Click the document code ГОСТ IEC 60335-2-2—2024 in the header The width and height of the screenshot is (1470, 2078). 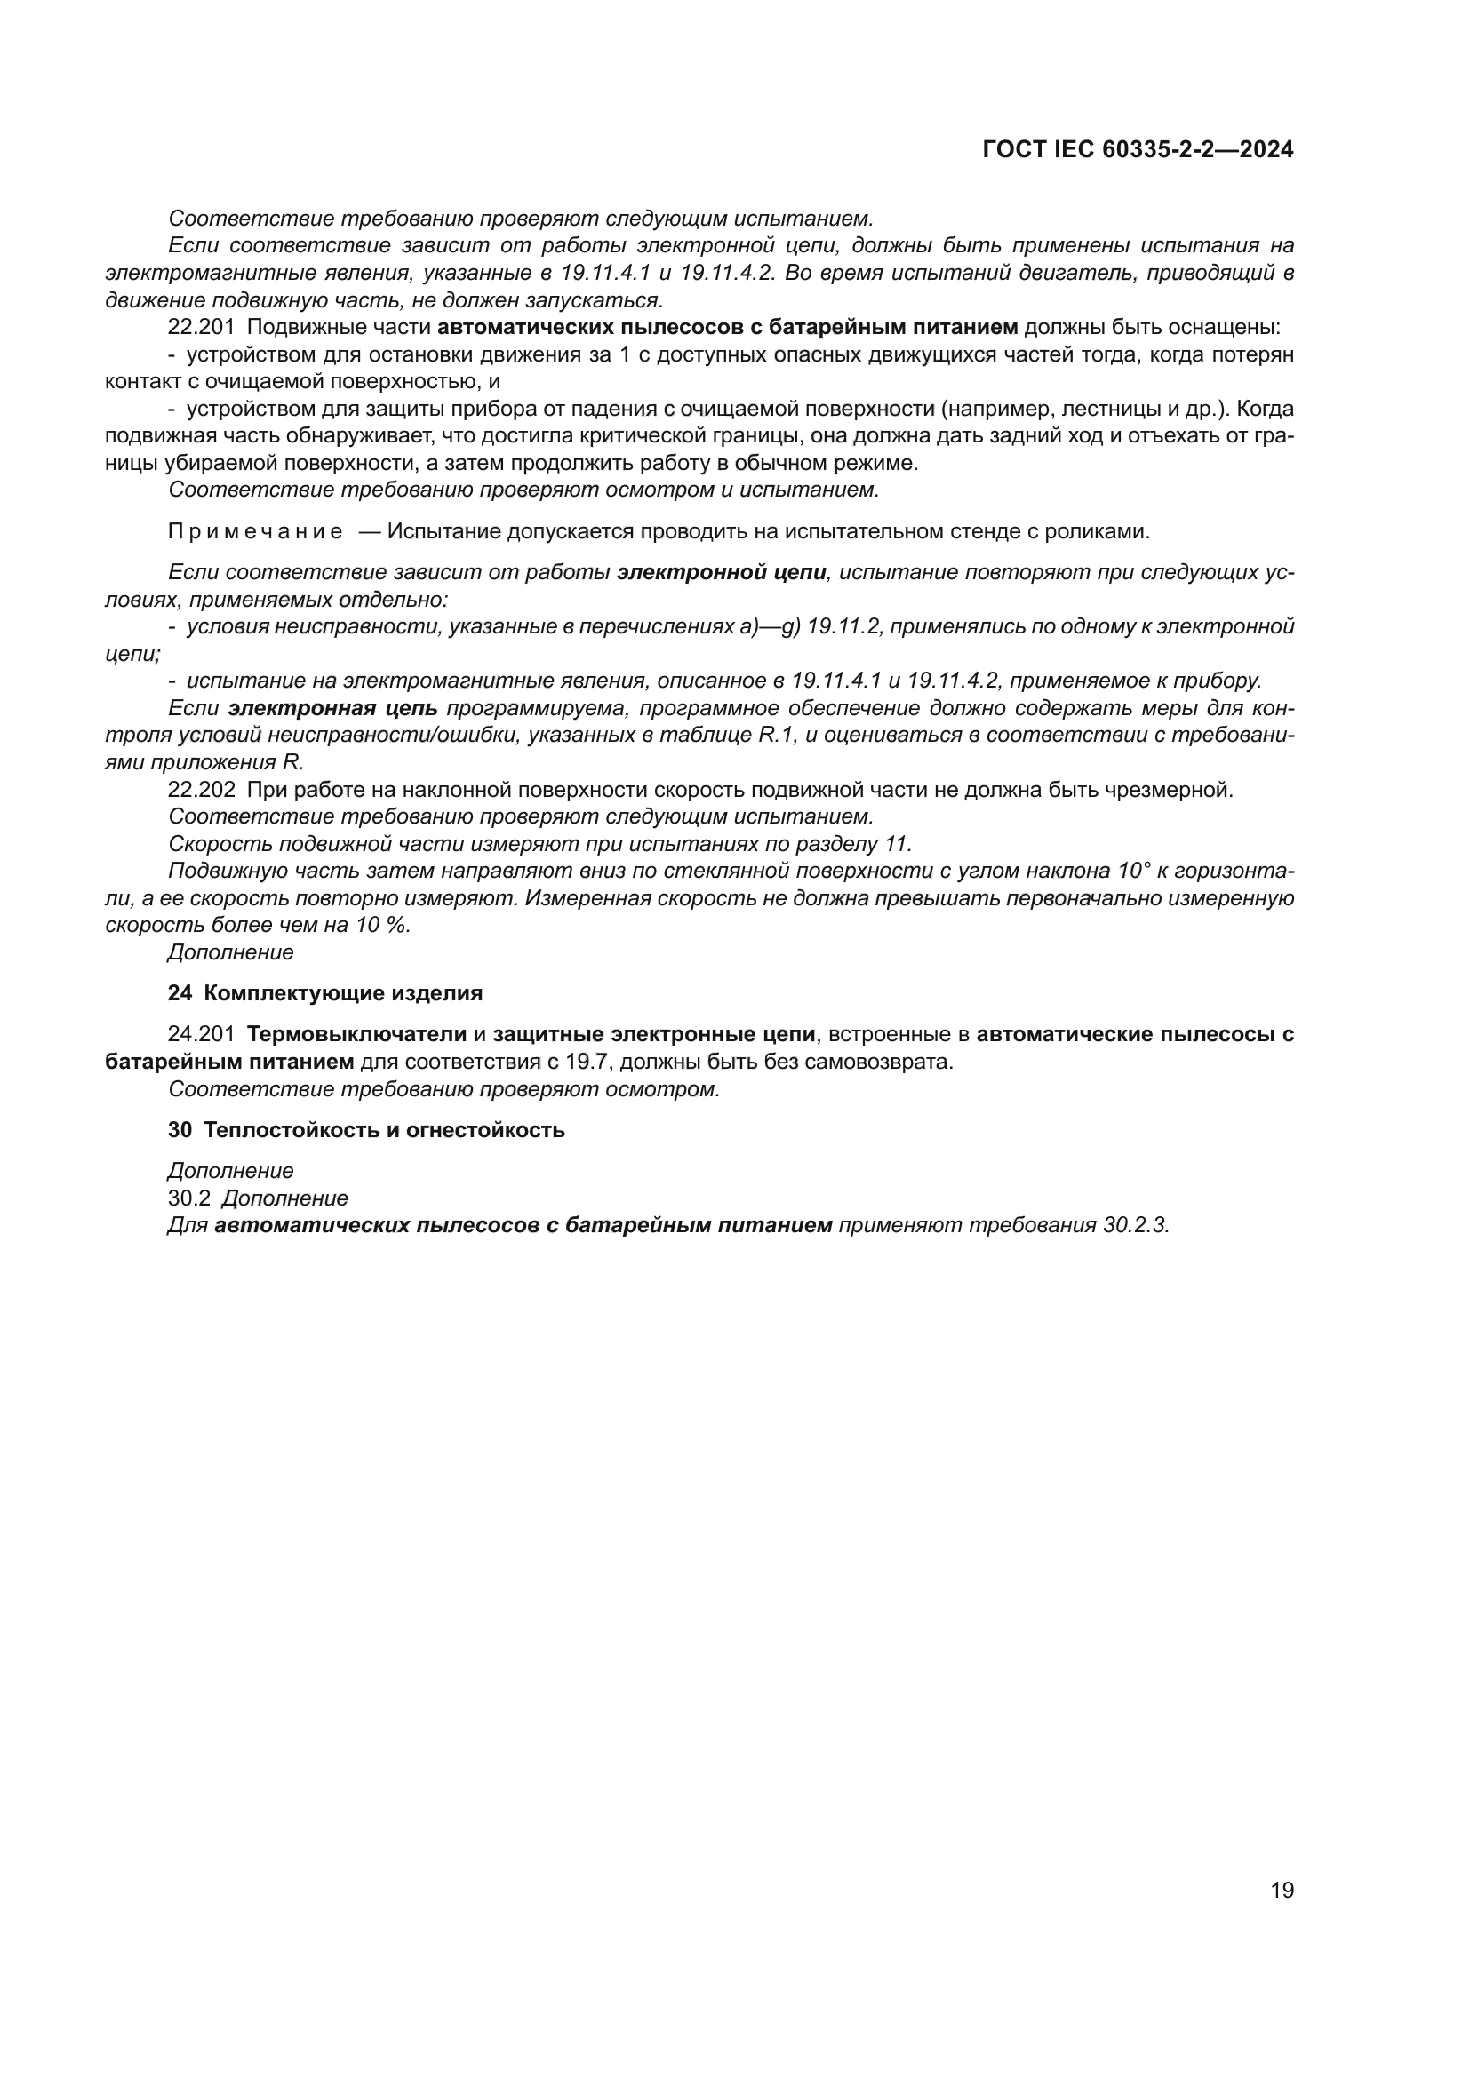tap(1138, 149)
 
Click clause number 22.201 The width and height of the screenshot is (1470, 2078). tap(201, 328)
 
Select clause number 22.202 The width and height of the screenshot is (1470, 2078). tap(201, 790)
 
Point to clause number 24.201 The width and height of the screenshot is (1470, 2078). tap(201, 1034)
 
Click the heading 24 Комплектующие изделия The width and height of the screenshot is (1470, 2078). tap(325, 993)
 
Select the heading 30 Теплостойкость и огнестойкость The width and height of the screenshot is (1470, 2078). tap(365, 1129)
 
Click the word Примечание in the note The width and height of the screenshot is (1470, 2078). tap(255, 531)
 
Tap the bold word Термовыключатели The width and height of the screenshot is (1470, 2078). tap(356, 1034)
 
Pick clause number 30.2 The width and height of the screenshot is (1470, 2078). tap(188, 1198)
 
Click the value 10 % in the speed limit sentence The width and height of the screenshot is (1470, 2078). tap(386, 926)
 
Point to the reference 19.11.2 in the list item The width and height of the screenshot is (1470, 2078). tap(843, 626)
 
